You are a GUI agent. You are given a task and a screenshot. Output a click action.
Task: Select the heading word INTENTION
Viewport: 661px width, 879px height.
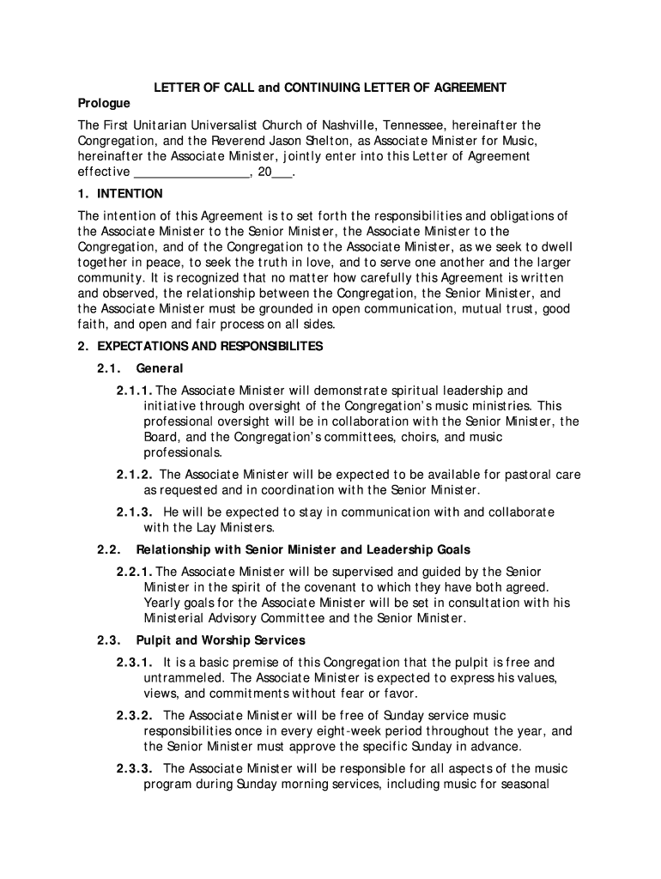tap(130, 194)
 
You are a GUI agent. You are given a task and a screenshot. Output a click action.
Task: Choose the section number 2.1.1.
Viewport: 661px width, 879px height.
tap(136, 391)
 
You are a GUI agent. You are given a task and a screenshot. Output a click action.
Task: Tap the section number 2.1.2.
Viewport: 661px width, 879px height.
tap(136, 474)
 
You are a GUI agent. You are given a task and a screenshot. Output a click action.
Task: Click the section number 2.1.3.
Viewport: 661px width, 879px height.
tap(136, 512)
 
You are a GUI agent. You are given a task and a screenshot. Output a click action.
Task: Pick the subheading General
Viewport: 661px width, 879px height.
tap(160, 368)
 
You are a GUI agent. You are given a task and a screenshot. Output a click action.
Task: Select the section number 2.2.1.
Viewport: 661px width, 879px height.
tap(136, 572)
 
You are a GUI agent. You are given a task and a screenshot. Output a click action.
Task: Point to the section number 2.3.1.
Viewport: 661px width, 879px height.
tap(136, 663)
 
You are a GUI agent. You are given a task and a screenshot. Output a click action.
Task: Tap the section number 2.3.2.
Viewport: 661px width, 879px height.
tap(136, 716)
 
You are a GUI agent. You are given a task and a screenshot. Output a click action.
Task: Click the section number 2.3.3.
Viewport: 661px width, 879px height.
tap(136, 769)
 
